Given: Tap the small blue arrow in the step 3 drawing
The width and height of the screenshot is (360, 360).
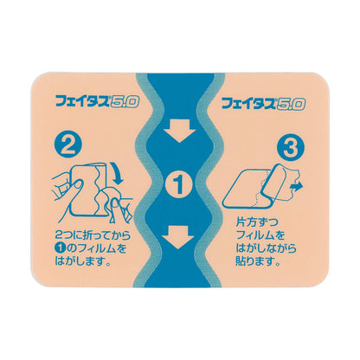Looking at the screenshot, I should click(299, 183).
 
